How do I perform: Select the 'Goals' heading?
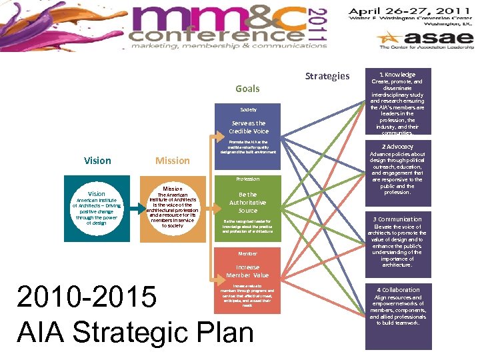click(247, 89)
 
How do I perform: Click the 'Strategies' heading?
click(327, 76)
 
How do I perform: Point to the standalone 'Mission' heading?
click(173, 161)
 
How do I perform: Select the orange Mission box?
click(173, 208)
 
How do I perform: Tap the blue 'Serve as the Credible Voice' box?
click(248, 127)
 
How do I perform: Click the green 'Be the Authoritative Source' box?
click(248, 203)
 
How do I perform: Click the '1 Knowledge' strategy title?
click(397, 75)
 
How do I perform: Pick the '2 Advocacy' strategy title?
click(397, 147)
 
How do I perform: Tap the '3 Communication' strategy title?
click(397, 219)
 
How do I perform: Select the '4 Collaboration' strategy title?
click(397, 290)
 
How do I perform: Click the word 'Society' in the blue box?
click(248, 109)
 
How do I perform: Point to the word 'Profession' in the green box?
click(248, 179)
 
